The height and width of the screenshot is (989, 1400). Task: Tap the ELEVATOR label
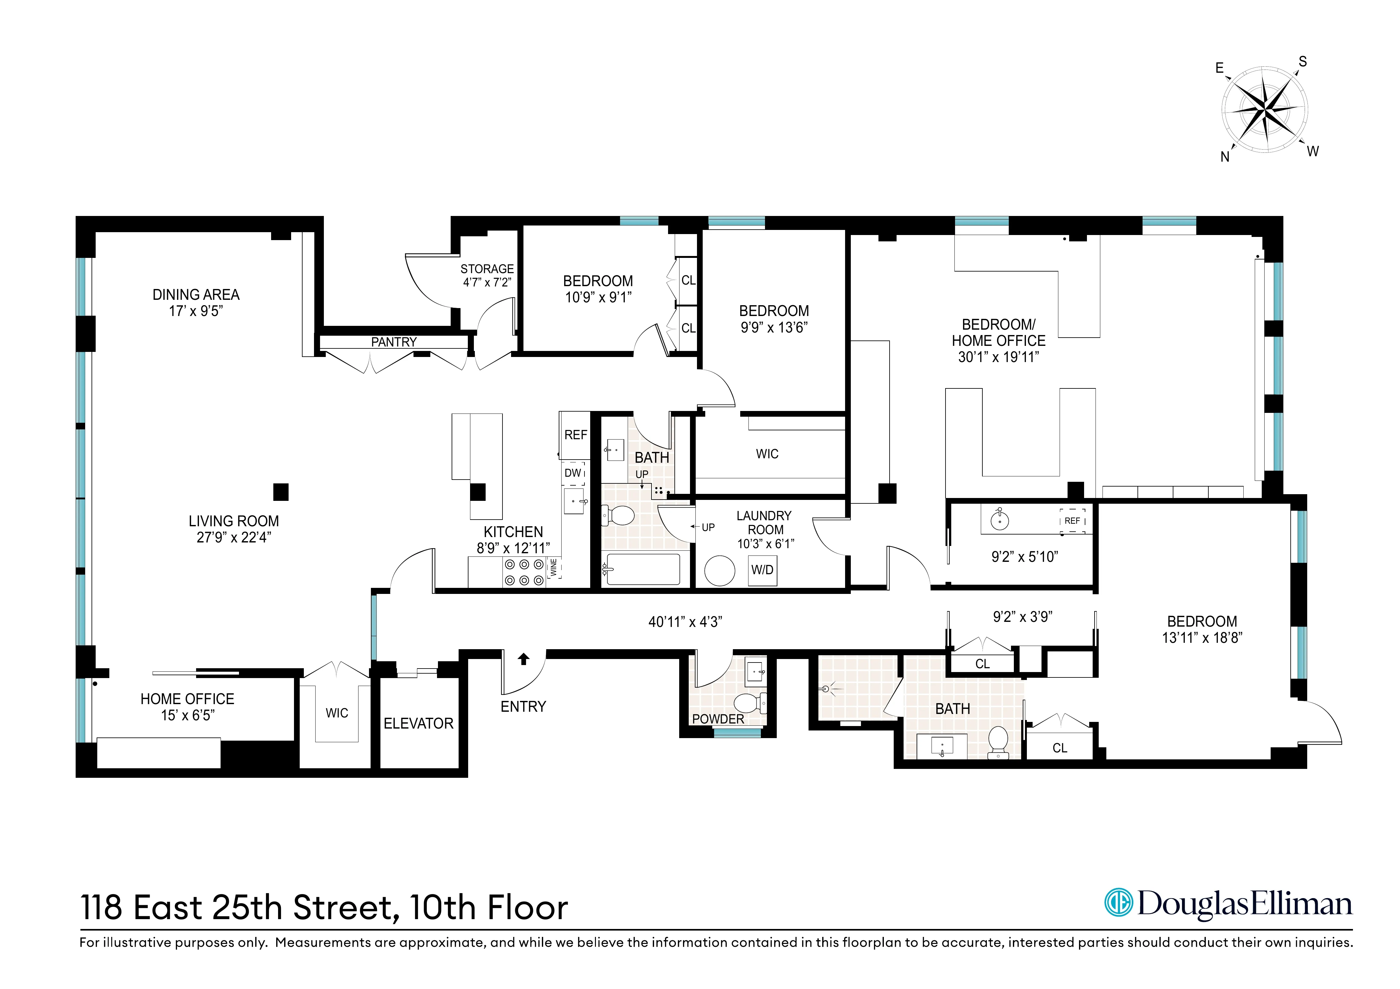[418, 723]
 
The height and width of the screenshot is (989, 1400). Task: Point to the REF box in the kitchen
[575, 435]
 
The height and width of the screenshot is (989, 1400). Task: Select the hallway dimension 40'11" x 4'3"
[685, 622]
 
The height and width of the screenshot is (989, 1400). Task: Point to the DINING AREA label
[196, 295]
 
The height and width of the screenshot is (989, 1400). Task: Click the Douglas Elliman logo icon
[1119, 903]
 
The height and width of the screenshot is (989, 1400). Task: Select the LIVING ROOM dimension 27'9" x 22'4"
[234, 537]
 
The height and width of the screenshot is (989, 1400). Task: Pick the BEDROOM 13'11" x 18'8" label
[1202, 629]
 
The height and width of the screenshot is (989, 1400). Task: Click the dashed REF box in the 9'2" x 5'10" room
[1072, 521]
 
